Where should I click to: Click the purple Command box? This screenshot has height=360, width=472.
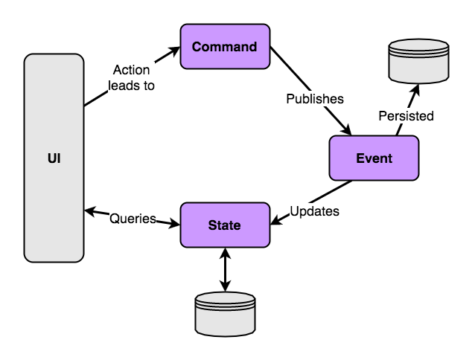tap(224, 47)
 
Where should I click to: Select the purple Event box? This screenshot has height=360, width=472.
tap(374, 158)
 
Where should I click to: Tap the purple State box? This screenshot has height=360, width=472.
tap(224, 225)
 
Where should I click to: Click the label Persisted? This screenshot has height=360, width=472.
tap(406, 116)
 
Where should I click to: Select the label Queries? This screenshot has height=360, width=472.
tap(133, 219)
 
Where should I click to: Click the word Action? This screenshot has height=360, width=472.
tap(131, 70)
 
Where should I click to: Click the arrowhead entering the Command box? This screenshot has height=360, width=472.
tap(176, 51)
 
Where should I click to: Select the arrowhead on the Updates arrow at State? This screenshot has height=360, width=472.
tap(274, 220)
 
